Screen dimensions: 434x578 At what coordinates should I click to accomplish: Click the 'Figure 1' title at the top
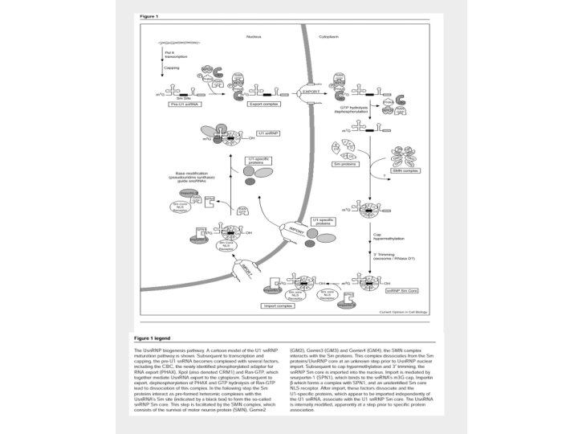coord(150,17)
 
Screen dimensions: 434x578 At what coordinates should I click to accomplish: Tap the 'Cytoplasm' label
coord(329,36)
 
